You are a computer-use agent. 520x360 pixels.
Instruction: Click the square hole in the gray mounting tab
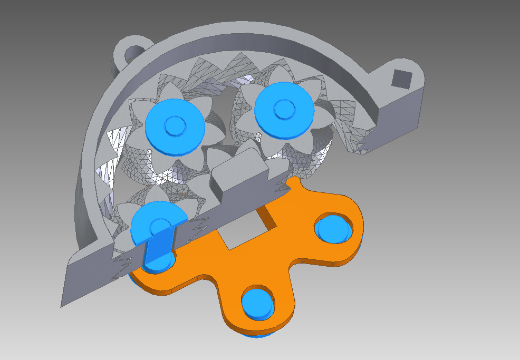coord(402,78)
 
